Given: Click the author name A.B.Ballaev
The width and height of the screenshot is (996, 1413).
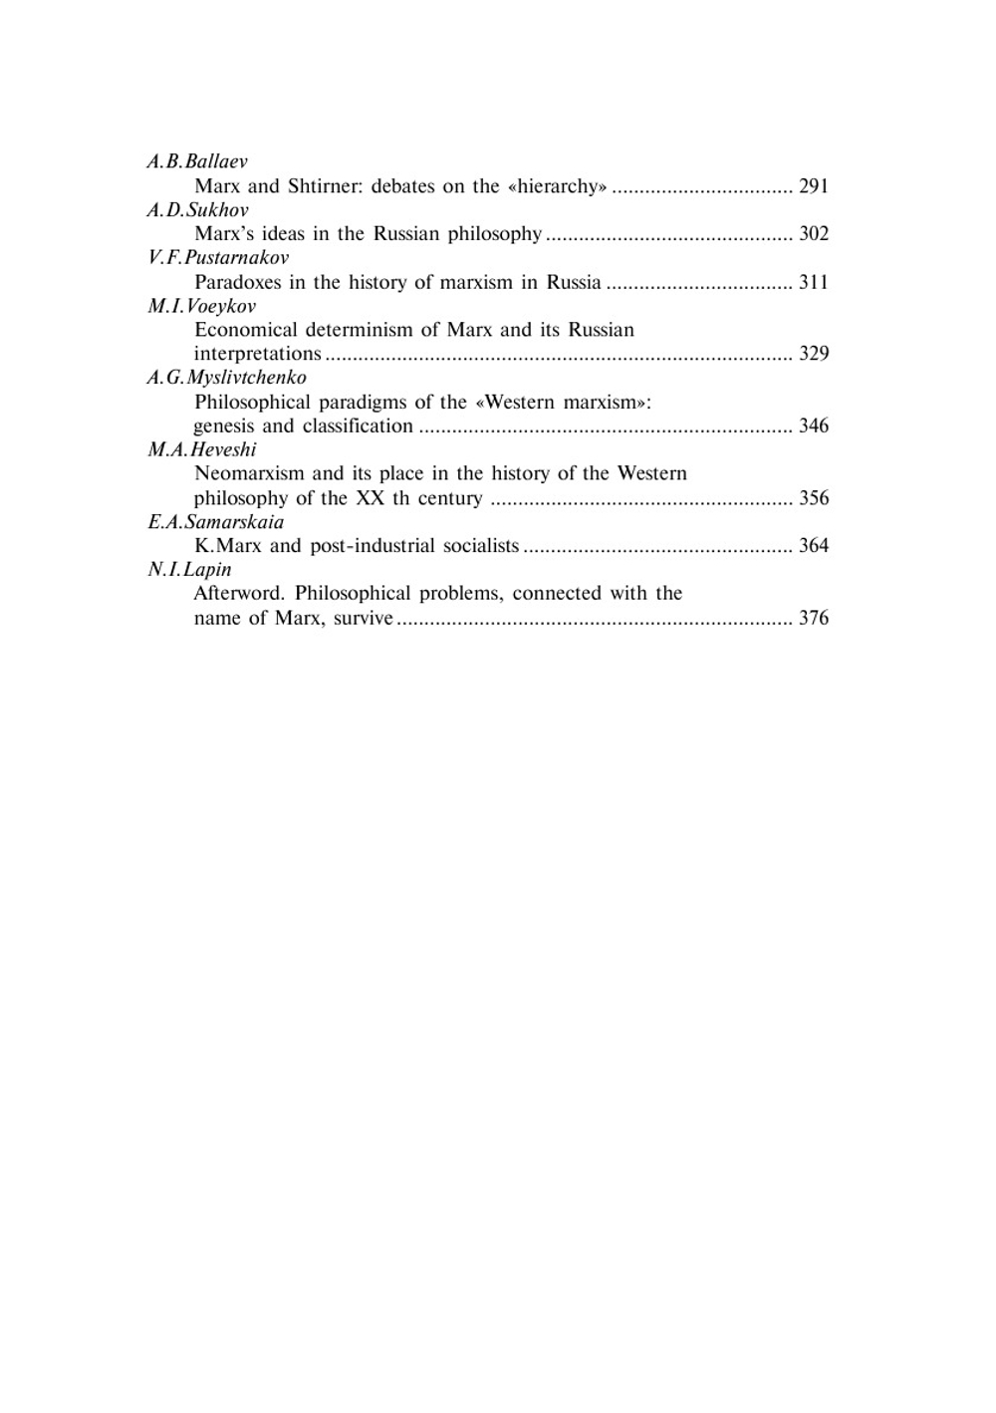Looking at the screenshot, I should coord(197,161).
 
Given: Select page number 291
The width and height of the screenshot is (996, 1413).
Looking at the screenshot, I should coord(814,186).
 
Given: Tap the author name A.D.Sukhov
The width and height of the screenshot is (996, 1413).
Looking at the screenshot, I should coord(197,210).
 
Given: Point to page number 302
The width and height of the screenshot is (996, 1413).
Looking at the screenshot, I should coord(814,234).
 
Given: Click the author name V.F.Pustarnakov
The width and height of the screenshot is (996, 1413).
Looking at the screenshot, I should coord(218,258).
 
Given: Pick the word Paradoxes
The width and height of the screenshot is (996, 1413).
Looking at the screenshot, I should coord(237,282).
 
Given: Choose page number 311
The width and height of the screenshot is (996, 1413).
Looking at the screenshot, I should coord(814,282).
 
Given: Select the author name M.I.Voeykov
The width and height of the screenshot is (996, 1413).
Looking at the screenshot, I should coord(201,306).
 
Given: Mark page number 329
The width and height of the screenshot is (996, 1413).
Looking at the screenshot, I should coord(814,354).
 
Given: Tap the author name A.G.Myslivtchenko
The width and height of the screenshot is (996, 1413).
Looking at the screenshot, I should coord(227,378).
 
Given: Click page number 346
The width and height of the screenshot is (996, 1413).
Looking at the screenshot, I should coord(814,426).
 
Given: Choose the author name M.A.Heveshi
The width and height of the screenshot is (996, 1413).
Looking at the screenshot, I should coord(202,449).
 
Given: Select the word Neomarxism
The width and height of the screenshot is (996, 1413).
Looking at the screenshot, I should coord(249,473).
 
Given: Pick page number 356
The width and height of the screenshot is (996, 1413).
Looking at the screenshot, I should coord(814,498).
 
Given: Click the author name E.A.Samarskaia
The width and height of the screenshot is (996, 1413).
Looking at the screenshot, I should coord(215,522).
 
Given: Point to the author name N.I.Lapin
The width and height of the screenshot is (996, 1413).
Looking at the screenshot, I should coord(189,570).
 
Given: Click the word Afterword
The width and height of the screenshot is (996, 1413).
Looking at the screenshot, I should coord(239,594).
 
